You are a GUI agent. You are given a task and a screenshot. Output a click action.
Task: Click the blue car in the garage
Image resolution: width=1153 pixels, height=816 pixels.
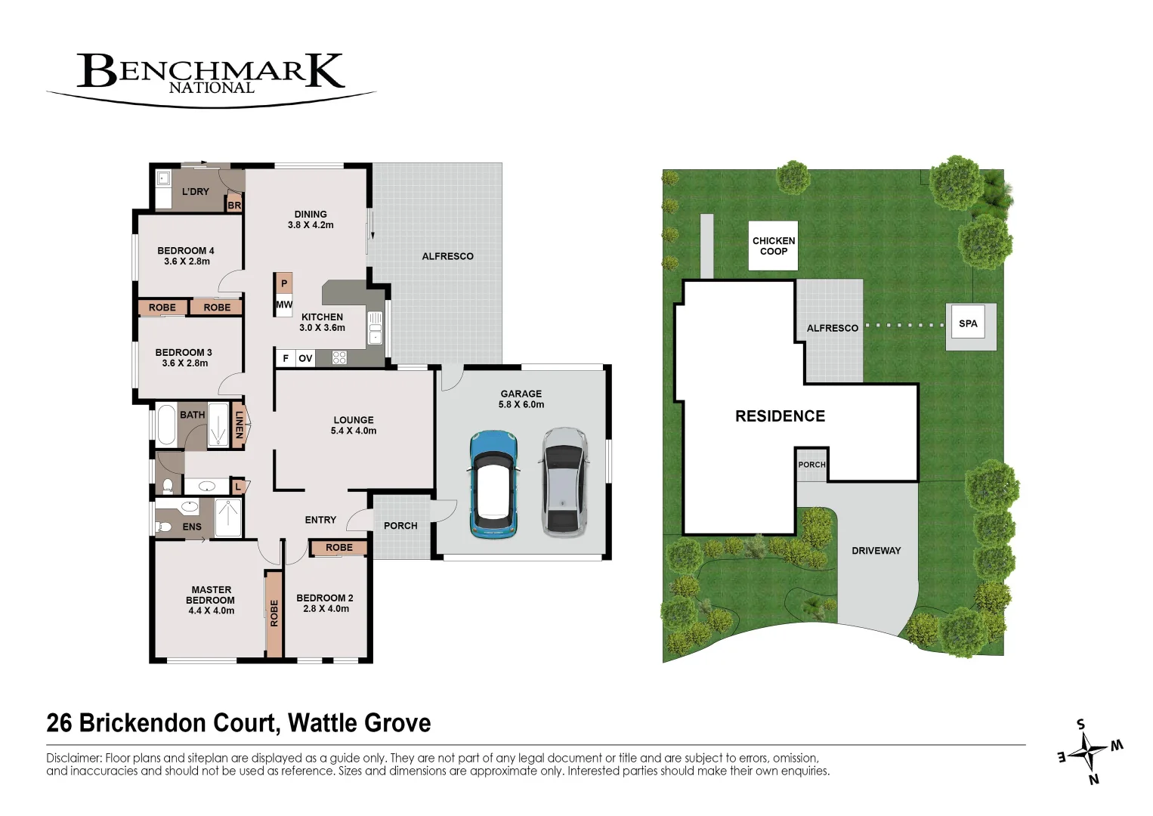[493, 484]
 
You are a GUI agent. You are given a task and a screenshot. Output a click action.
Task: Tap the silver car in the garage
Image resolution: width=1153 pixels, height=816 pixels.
[564, 481]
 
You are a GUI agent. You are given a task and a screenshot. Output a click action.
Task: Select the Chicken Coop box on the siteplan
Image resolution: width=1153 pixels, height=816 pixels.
[774, 246]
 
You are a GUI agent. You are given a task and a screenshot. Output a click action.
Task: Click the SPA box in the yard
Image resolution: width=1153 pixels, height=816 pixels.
[968, 324]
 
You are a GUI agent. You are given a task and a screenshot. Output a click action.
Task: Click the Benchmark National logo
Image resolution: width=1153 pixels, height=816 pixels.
[211, 74]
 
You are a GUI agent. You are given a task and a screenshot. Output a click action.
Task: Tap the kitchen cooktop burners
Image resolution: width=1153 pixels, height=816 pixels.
[339, 357]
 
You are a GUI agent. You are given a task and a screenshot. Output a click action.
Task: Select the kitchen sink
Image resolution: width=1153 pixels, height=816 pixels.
[375, 329]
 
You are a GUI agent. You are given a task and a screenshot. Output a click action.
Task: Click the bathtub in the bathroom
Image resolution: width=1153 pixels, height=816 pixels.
[165, 425]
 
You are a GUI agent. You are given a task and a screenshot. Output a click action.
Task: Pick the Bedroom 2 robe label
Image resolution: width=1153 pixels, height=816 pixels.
[339, 548]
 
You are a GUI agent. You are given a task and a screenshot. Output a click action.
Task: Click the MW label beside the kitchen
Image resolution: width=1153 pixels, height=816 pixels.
[284, 305]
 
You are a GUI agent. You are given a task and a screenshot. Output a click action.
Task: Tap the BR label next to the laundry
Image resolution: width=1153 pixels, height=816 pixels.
[234, 206]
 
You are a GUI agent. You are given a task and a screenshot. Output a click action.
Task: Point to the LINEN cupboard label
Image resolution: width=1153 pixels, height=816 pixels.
[239, 425]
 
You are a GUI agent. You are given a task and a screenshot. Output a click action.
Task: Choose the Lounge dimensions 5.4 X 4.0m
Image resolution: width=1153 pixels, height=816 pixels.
[354, 431]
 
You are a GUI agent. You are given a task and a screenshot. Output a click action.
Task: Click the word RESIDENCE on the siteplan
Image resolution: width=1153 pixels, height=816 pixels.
[780, 416]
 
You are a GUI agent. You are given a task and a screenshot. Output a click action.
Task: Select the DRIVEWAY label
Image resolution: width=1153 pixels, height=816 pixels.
[876, 551]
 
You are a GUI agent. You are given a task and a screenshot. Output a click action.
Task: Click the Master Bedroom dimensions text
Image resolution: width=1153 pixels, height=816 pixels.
[211, 611]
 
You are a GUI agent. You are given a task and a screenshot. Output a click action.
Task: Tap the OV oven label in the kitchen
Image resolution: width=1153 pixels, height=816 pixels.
[305, 358]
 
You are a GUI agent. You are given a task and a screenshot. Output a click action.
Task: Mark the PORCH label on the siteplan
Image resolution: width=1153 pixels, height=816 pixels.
[811, 465]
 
